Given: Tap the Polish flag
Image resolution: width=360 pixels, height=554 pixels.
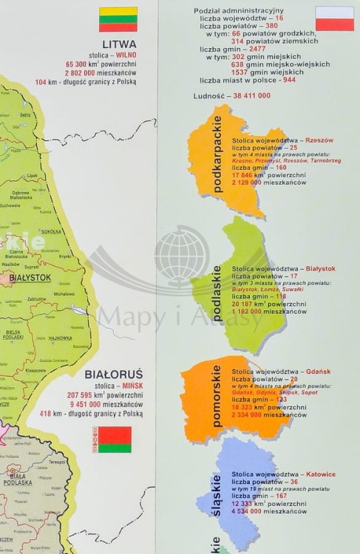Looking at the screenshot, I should coord(334,18).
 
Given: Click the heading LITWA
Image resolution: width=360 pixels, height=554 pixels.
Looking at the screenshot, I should coord(118,44).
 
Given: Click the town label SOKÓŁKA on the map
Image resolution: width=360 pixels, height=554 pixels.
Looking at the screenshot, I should coord(51,231).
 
